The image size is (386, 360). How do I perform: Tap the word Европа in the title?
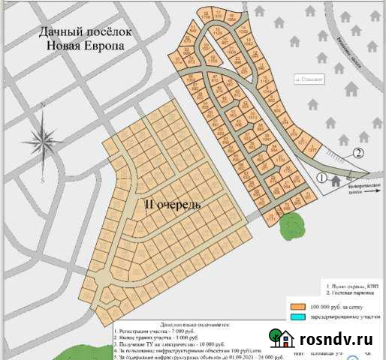[100, 46]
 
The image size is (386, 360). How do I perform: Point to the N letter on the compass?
[43, 106]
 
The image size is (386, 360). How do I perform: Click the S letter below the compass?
[44, 180]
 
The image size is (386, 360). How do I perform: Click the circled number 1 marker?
[321, 178]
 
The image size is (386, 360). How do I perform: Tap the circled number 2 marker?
[358, 154]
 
